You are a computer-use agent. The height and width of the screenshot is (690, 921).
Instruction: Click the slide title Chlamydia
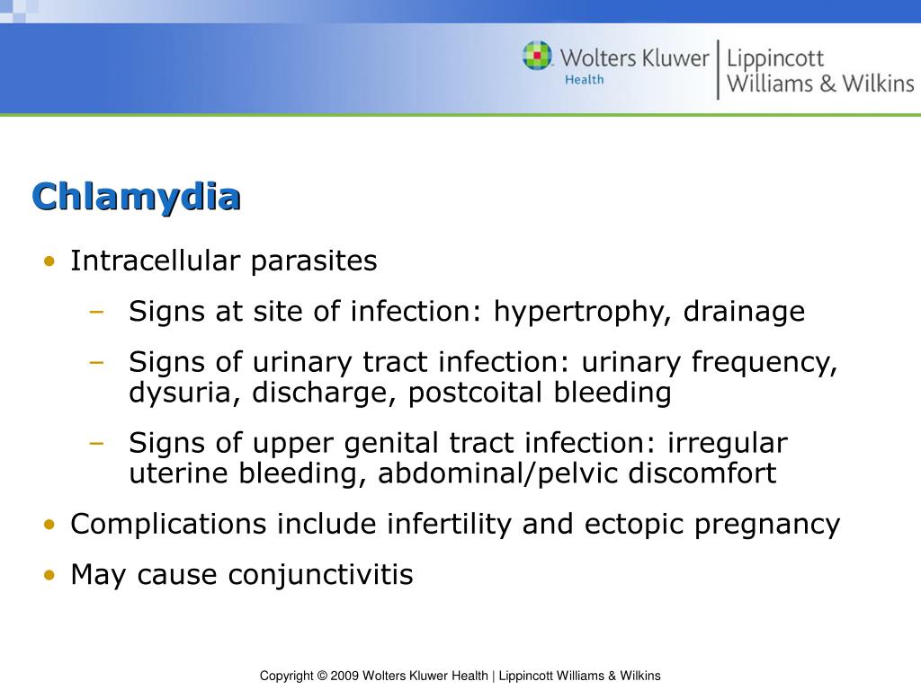click(136, 197)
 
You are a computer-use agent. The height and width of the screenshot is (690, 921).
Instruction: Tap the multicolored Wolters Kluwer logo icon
click(538, 56)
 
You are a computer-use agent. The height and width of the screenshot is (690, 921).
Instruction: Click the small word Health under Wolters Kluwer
click(584, 80)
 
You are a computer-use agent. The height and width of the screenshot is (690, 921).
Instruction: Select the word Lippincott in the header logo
click(775, 59)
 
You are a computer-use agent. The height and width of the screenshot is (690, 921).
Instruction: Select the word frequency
click(765, 363)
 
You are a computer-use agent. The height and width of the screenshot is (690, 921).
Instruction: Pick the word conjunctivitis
click(321, 574)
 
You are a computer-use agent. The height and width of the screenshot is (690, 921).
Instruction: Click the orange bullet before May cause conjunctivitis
click(49, 575)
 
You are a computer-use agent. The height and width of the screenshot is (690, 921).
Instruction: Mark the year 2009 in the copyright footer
click(346, 676)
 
